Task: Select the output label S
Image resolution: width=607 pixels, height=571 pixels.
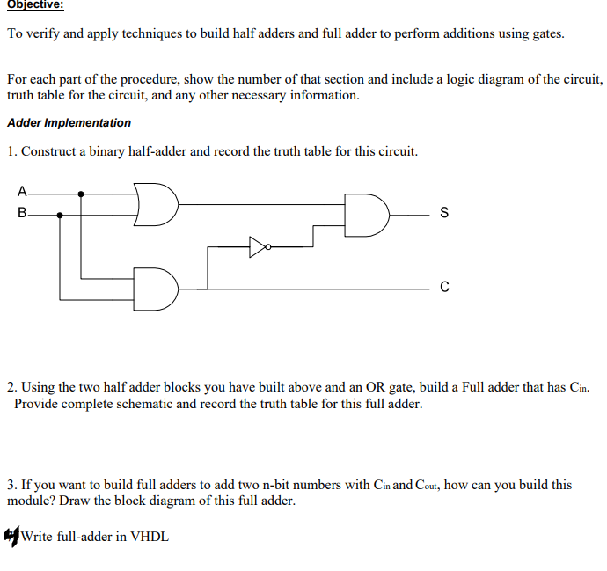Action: pyautogui.click(x=443, y=213)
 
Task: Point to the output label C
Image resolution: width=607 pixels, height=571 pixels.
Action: pyautogui.click(x=443, y=288)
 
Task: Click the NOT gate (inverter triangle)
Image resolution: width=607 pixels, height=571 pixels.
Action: pyautogui.click(x=257, y=247)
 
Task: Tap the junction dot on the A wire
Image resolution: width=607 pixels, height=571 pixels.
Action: pyautogui.click(x=82, y=194)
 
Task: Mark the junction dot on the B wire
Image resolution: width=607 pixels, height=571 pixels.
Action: pyautogui.click(x=60, y=214)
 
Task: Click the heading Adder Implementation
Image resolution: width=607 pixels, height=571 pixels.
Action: pyautogui.click(x=69, y=123)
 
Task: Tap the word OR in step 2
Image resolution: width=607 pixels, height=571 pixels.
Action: pyautogui.click(x=354, y=387)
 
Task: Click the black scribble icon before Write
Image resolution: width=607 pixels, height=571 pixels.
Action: pyautogui.click(x=12, y=535)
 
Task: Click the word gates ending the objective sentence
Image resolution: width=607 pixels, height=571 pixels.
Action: pyautogui.click(x=545, y=34)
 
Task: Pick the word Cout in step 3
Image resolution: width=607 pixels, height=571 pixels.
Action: pyautogui.click(x=428, y=485)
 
